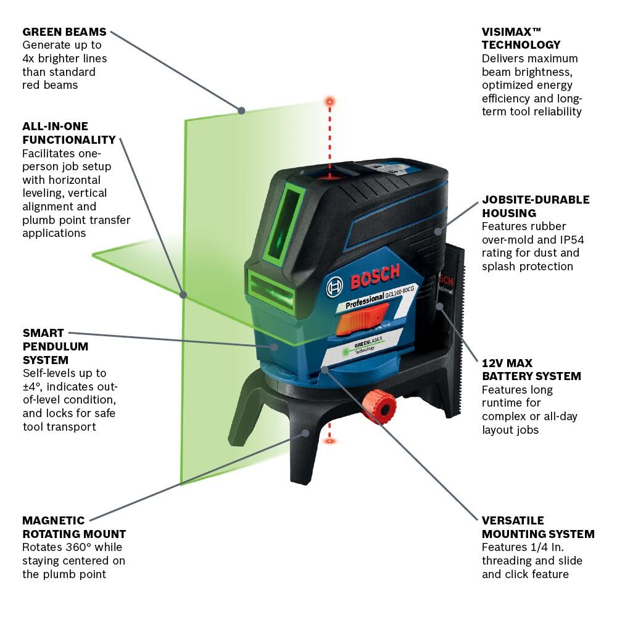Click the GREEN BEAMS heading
[64, 31]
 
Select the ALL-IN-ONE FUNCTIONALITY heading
[69, 133]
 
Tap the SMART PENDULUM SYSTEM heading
[56, 346]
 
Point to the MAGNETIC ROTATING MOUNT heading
[74, 527]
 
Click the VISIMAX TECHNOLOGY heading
[521, 38]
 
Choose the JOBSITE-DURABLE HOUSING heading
[536, 206]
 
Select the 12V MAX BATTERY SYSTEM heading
[531, 370]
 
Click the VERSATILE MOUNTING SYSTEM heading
[538, 527]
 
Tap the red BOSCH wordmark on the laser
[375, 276]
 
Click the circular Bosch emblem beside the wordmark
[334, 285]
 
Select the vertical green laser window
[284, 222]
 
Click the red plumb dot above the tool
[330, 100]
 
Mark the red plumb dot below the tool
[330, 441]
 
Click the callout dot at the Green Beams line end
[241, 110]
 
